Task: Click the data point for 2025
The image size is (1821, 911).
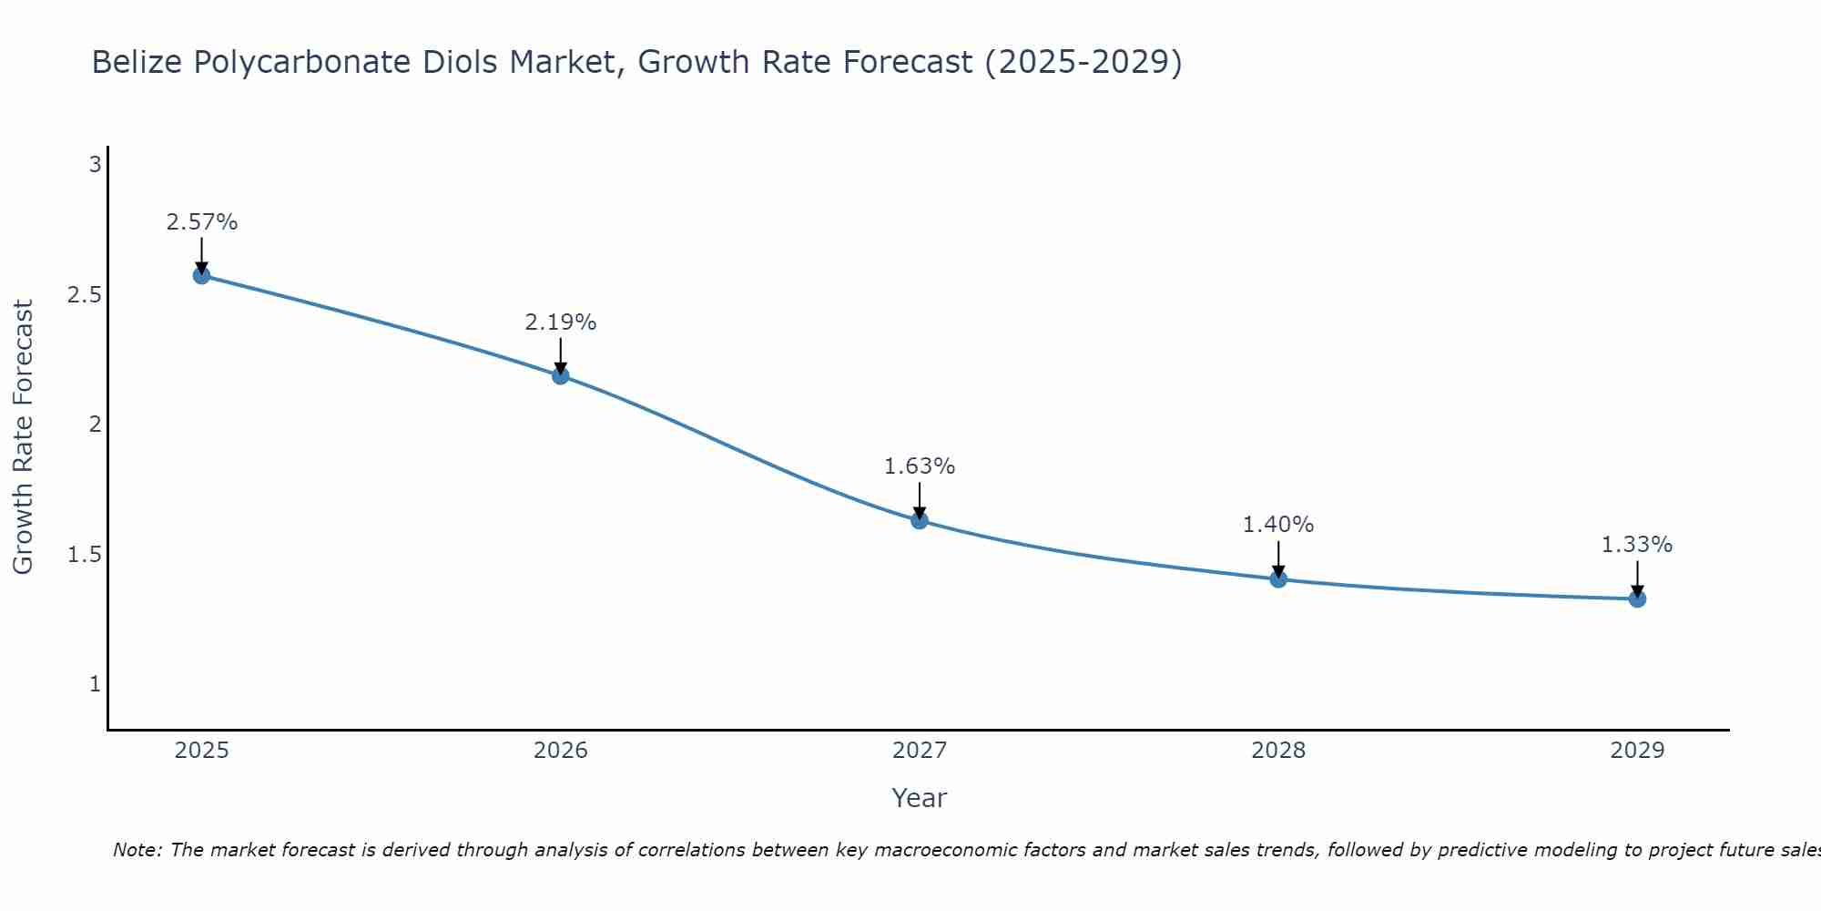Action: click(x=201, y=275)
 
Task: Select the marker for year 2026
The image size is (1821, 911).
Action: click(x=561, y=375)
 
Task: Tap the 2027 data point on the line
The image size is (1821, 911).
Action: click(x=920, y=520)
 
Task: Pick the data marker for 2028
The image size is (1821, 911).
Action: click(x=1278, y=578)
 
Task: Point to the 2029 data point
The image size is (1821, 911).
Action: click(x=1637, y=599)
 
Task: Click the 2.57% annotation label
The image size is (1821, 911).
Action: click(x=201, y=222)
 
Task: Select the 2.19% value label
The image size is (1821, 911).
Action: click(x=561, y=322)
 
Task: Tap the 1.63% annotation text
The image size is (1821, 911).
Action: click(x=920, y=466)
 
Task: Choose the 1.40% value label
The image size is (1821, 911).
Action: click(x=1278, y=525)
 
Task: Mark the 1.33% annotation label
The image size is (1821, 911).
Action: click(x=1637, y=545)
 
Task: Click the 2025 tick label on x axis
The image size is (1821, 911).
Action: click(x=201, y=751)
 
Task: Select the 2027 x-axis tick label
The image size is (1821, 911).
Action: click(x=920, y=751)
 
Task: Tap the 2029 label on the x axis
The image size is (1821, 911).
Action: click(x=1637, y=751)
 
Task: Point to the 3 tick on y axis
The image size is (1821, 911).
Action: click(x=95, y=165)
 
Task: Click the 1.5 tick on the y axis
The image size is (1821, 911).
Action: click(x=85, y=555)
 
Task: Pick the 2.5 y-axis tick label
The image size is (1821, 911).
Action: click(x=85, y=295)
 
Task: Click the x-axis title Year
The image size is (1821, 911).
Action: click(x=920, y=798)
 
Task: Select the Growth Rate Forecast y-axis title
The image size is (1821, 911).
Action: click(x=23, y=437)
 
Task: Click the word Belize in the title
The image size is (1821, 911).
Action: click(x=137, y=63)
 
